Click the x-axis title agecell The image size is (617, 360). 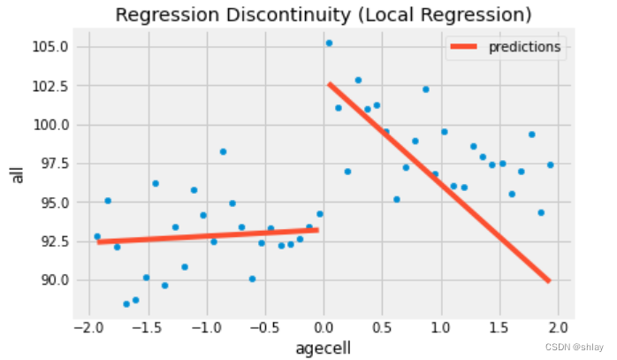point(324,349)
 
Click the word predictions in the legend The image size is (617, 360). point(525,48)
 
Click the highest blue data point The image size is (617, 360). point(329,43)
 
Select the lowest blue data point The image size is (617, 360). point(126,304)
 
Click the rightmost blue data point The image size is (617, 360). point(550,165)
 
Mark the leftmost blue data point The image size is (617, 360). point(97,236)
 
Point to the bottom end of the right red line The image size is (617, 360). point(549,281)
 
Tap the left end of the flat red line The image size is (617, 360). point(98,241)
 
